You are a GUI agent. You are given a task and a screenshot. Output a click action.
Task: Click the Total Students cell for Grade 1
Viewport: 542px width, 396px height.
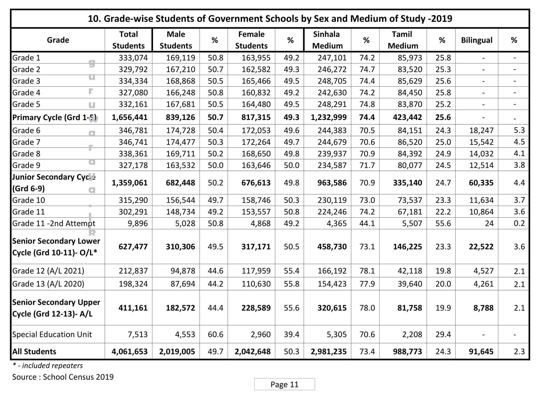click(133, 58)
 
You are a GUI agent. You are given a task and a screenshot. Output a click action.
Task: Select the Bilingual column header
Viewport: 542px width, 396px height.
click(476, 40)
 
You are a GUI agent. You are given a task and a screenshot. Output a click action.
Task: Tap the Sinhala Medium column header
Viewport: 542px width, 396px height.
click(327, 40)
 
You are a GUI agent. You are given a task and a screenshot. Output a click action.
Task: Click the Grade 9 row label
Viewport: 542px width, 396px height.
click(26, 165)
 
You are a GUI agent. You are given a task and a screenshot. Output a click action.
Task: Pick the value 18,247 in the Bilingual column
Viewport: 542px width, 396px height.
click(481, 130)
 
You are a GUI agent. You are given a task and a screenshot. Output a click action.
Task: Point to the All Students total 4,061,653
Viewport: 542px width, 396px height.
click(129, 351)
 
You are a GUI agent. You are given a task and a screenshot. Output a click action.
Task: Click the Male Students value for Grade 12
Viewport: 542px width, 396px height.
click(183, 271)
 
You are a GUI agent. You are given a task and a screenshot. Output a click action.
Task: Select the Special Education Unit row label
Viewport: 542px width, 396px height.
click(52, 334)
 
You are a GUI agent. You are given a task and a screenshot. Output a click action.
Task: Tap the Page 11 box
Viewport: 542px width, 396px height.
click(284, 384)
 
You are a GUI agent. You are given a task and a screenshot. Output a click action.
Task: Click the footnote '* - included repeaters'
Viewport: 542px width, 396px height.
click(48, 366)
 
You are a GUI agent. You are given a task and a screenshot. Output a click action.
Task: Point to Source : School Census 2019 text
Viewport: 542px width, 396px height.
click(63, 377)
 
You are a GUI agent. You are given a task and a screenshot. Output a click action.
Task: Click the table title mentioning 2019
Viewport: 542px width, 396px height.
click(270, 19)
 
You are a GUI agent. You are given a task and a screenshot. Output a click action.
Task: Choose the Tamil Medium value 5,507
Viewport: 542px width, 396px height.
click(410, 223)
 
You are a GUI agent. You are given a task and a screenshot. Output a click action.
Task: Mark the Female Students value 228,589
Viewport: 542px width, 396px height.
click(256, 308)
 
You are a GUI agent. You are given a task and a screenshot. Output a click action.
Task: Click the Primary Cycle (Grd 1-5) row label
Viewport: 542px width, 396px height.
click(54, 117)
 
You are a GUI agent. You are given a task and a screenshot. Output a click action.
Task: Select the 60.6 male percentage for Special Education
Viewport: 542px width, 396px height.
click(215, 334)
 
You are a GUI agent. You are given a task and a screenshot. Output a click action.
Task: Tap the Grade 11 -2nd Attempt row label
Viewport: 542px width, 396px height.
click(53, 223)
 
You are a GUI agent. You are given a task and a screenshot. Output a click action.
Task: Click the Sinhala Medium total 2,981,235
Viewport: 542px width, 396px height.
click(328, 351)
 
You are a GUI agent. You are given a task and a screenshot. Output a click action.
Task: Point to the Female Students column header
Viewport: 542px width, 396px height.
click(251, 40)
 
